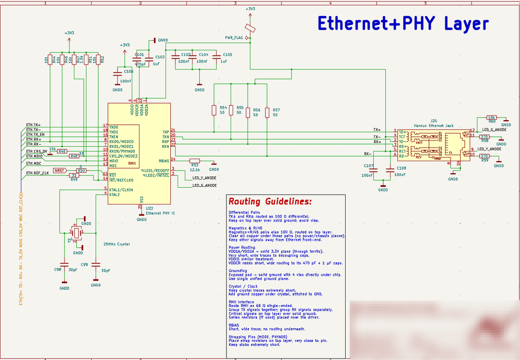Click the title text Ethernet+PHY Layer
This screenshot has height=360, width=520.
coord(403,23)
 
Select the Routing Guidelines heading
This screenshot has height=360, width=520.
coord(270,201)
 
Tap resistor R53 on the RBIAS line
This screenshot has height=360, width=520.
coord(194,161)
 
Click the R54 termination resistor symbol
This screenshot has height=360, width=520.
coord(213,110)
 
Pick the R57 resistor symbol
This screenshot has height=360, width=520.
coord(267,113)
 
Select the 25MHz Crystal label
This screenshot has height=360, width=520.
coord(116,244)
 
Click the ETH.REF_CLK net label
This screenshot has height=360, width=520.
coord(37,173)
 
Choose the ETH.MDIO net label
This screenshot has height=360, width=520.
coord(34,156)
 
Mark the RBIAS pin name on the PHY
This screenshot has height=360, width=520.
coord(164,161)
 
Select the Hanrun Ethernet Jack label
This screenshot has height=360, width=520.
coord(434,125)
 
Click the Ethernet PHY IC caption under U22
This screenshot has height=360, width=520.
coord(160,213)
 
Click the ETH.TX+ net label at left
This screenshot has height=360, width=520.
coord(33,125)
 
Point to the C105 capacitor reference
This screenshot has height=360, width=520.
coord(227,54)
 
